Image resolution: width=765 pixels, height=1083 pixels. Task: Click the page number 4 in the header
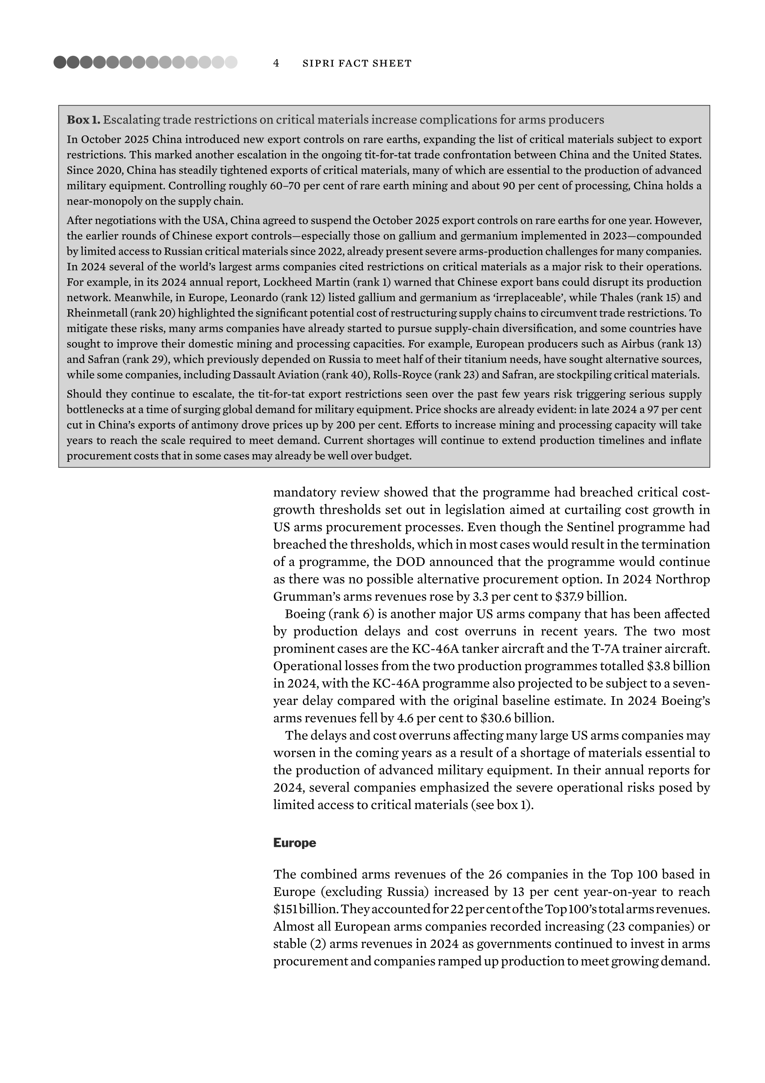pos(276,63)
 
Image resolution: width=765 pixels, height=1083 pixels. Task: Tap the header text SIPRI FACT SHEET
pos(357,63)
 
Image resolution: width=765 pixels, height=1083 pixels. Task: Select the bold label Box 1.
pos(84,120)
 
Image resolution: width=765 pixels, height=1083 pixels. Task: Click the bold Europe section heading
pos(295,843)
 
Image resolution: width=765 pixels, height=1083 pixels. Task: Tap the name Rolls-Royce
pos(360,375)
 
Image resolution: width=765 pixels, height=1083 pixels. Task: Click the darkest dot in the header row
pos(60,62)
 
